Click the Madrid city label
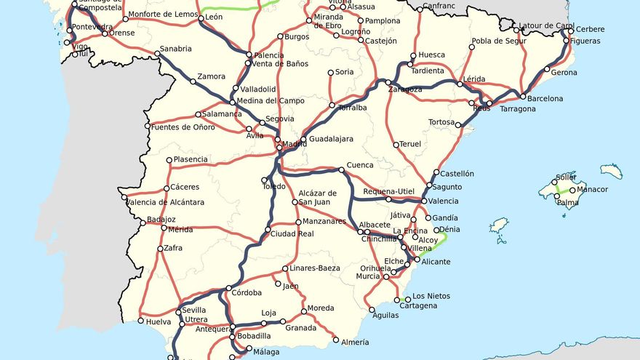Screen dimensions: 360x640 click(x=295, y=144)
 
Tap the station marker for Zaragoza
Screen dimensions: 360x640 click(x=388, y=82)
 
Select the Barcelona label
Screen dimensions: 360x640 click(x=545, y=98)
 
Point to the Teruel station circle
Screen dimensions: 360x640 click(x=396, y=145)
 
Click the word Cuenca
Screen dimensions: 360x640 click(x=360, y=165)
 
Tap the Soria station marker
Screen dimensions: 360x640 click(x=331, y=73)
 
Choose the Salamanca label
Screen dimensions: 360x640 click(x=223, y=114)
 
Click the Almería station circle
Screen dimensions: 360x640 click(x=336, y=340)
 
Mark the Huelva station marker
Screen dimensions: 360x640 click(x=141, y=321)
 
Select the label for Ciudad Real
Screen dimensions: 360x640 click(x=292, y=233)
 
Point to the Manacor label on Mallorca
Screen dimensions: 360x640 click(x=592, y=190)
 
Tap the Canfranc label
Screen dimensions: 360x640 click(x=439, y=7)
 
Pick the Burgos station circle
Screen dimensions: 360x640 click(x=281, y=36)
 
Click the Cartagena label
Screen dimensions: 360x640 click(x=418, y=306)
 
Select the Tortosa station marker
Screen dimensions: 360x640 click(x=458, y=125)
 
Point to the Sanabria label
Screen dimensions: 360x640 click(x=175, y=49)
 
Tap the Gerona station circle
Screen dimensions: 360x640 click(x=548, y=70)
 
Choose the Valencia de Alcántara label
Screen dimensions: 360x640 click(x=162, y=201)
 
